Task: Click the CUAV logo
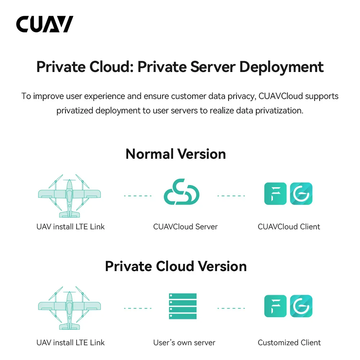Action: pos(45,24)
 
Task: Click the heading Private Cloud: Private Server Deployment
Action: pos(180,67)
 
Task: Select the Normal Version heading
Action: pos(176,154)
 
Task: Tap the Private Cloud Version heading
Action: pos(176,266)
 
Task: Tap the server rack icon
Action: pos(183,306)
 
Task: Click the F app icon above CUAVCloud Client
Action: pos(275,194)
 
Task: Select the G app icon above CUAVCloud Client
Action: pos(301,194)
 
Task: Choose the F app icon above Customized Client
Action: pos(275,306)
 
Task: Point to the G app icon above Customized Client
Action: pos(301,306)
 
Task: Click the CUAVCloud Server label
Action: pos(185,227)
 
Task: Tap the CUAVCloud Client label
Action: pos(289,227)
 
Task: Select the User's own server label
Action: pos(184,342)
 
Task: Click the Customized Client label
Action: pos(289,342)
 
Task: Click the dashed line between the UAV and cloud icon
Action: pos(138,196)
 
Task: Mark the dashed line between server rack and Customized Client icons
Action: pos(231,308)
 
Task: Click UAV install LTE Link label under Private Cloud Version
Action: pos(71,342)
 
